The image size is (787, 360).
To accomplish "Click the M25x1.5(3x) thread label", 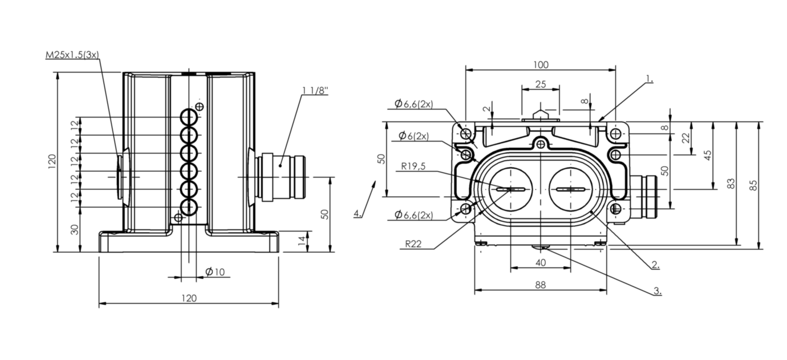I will (x=72, y=55).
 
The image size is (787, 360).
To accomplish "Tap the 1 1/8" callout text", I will (x=315, y=90).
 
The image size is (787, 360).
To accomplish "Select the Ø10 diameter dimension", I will (x=215, y=272).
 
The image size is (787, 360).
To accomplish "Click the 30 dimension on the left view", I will (x=74, y=229).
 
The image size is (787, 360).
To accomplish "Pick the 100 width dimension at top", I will (x=541, y=64).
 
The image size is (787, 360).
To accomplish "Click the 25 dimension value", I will (x=541, y=84).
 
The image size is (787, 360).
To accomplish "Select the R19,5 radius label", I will (x=414, y=167).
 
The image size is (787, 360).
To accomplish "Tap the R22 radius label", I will (x=414, y=244).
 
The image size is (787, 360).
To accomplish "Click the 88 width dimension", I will (x=541, y=285).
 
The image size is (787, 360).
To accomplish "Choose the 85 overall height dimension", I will (x=754, y=185).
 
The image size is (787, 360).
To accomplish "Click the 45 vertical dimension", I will (x=708, y=155).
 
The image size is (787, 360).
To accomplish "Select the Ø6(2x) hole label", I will (x=413, y=136).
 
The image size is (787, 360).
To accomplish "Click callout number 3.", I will (x=657, y=290).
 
